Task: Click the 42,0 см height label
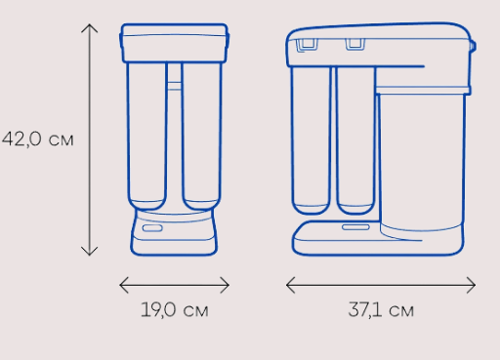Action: pyautogui.click(x=38, y=140)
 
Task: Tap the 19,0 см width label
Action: pyautogui.click(x=175, y=309)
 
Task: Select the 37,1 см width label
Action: pyautogui.click(x=381, y=309)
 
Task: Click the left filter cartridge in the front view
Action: pyautogui.click(x=146, y=136)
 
